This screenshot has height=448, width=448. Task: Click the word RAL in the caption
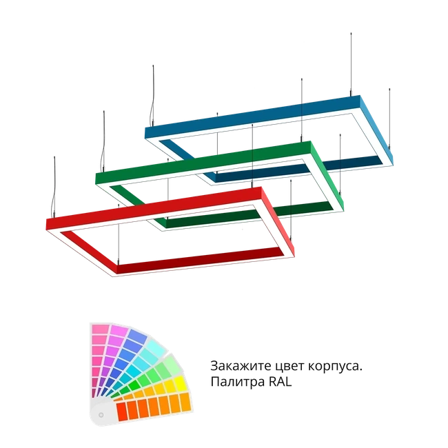point(281,382)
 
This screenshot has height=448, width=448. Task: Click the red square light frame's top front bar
point(154,208)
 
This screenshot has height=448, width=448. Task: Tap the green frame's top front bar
point(203,163)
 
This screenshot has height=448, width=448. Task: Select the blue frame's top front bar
point(252,116)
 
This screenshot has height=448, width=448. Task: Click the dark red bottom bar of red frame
point(200,259)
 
